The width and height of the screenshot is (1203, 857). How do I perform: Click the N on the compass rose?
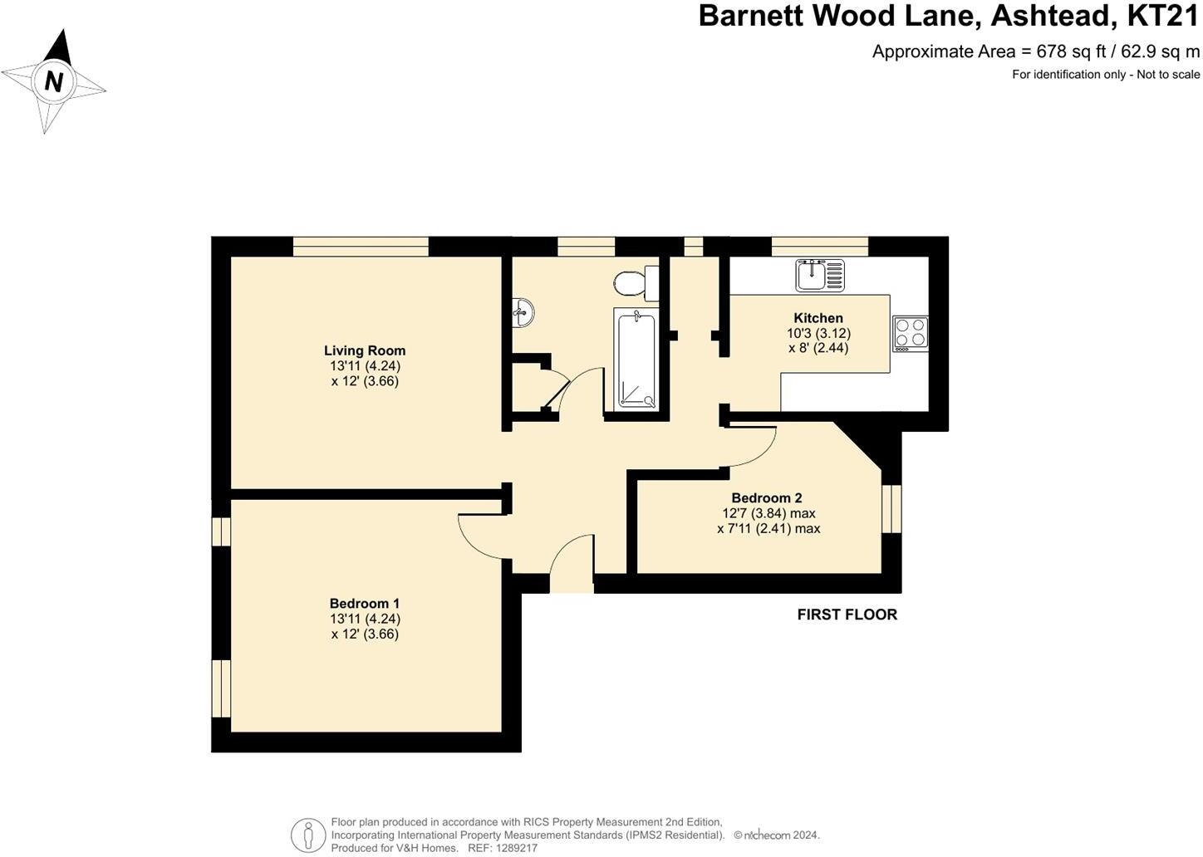[x=54, y=81]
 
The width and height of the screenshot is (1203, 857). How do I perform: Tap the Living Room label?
[x=365, y=350]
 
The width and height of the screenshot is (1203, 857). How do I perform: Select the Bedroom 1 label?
[x=365, y=604]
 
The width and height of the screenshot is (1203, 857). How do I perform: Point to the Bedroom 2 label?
[x=767, y=498]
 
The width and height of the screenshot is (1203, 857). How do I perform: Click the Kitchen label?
[x=818, y=318]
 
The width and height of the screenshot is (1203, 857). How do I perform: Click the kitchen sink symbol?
[x=820, y=275]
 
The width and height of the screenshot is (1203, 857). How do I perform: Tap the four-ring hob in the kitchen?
[x=911, y=333]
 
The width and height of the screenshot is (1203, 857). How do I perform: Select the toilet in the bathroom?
[x=633, y=283]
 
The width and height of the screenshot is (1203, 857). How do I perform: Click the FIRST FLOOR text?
[x=847, y=615]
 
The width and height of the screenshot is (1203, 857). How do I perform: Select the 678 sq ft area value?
[x=1072, y=51]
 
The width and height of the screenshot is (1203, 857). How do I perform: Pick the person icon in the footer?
[x=308, y=834]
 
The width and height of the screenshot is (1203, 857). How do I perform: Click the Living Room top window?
[x=361, y=246]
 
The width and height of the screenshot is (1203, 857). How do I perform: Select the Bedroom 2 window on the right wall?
[x=891, y=507]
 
